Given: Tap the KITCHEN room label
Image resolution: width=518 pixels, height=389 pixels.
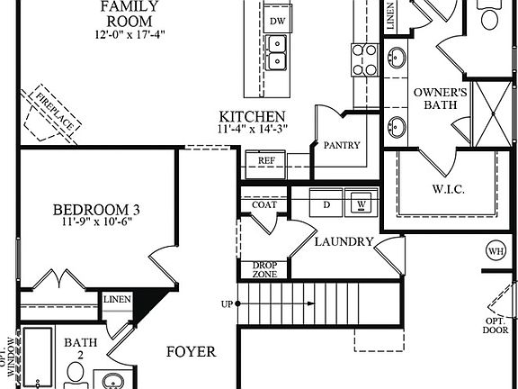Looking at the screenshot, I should pyautogui.click(x=253, y=117).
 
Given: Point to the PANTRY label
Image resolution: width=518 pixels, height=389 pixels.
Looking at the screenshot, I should pyautogui.click(x=342, y=145).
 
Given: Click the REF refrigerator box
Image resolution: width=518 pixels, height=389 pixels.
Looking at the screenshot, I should pyautogui.click(x=266, y=160).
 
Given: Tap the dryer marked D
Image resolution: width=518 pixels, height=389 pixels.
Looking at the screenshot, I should pyautogui.click(x=327, y=204).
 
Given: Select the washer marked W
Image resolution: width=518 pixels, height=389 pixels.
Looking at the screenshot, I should pyautogui.click(x=362, y=204).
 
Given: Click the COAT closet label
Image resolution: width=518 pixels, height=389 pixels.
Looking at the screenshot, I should pyautogui.click(x=263, y=204).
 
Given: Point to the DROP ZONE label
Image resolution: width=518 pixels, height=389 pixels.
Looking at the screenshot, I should pyautogui.click(x=264, y=269).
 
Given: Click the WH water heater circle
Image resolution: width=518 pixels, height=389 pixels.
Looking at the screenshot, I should pyautogui.click(x=495, y=250).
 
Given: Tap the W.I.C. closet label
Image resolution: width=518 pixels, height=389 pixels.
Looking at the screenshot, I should pyautogui.click(x=442, y=190).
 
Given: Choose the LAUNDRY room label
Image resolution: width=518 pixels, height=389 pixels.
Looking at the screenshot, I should pyautogui.click(x=344, y=241).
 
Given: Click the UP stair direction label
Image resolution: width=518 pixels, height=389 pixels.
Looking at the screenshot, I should pyautogui.click(x=227, y=303).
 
